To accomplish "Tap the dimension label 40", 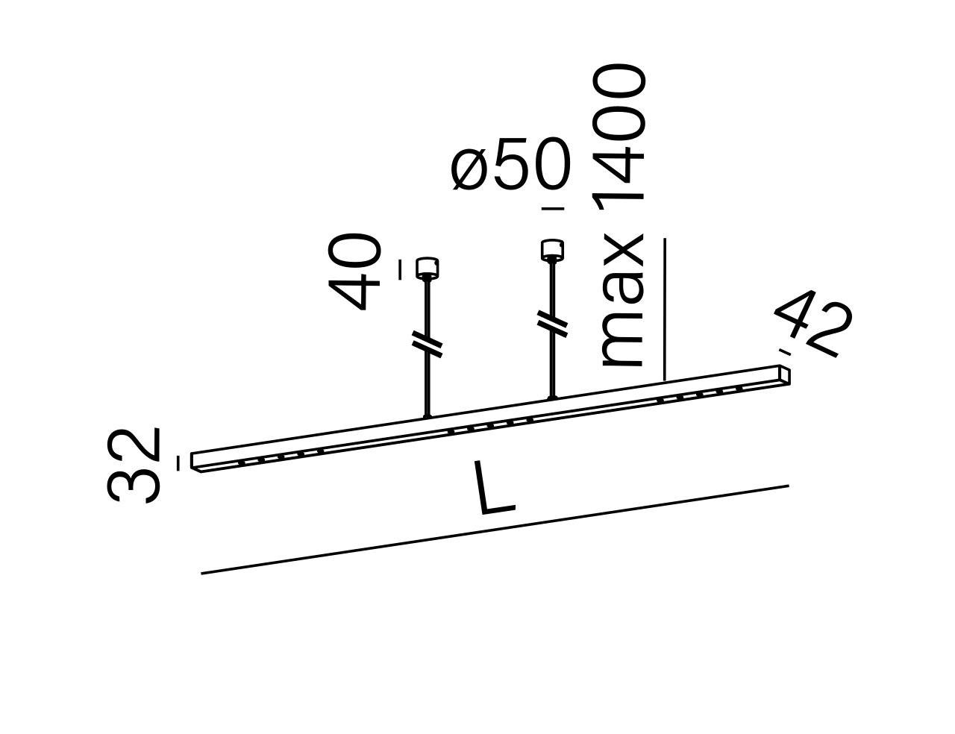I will coord(355,272).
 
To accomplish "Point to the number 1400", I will coord(619,134).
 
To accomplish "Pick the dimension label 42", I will coord(813,323).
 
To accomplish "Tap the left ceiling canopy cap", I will coord(427,269).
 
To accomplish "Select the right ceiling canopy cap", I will coord(551,250).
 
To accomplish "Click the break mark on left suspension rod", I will coord(427,341).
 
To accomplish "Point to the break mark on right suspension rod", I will coord(552,321).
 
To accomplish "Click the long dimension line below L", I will coord(495,530).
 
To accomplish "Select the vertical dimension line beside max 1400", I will coord(665,310).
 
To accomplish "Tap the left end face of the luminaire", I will coord(196,462).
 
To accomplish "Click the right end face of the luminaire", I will coord(785,375).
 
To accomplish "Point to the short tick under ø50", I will coord(553,209).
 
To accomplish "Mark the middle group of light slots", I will coord(490,425).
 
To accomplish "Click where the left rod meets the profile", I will coord(428,415).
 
